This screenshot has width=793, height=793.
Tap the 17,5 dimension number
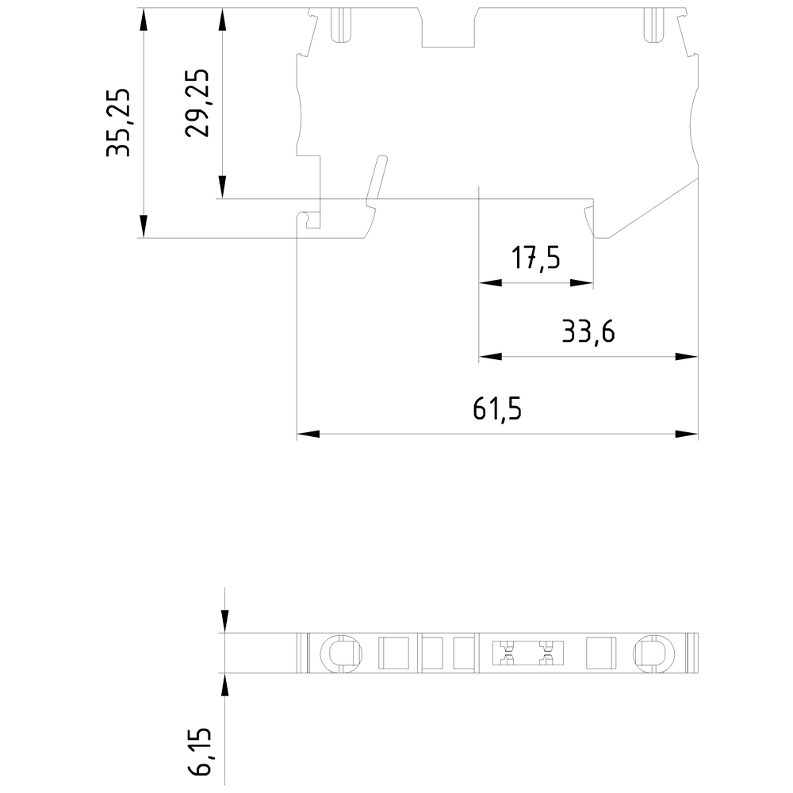coord(536,259)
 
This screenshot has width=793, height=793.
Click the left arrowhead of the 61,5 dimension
coord(307,435)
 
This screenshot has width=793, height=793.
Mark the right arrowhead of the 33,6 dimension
coord(688,357)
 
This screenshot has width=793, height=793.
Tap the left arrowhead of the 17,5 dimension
coord(490,283)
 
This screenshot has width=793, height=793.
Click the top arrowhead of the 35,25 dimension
coord(143,19)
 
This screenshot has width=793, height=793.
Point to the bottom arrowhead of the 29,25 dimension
coord(224,188)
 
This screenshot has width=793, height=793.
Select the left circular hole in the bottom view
coord(341,653)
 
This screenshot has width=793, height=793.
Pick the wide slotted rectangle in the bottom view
coord(523,653)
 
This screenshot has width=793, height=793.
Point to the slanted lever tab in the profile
coord(375,180)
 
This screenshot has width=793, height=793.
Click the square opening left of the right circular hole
coord(600,653)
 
